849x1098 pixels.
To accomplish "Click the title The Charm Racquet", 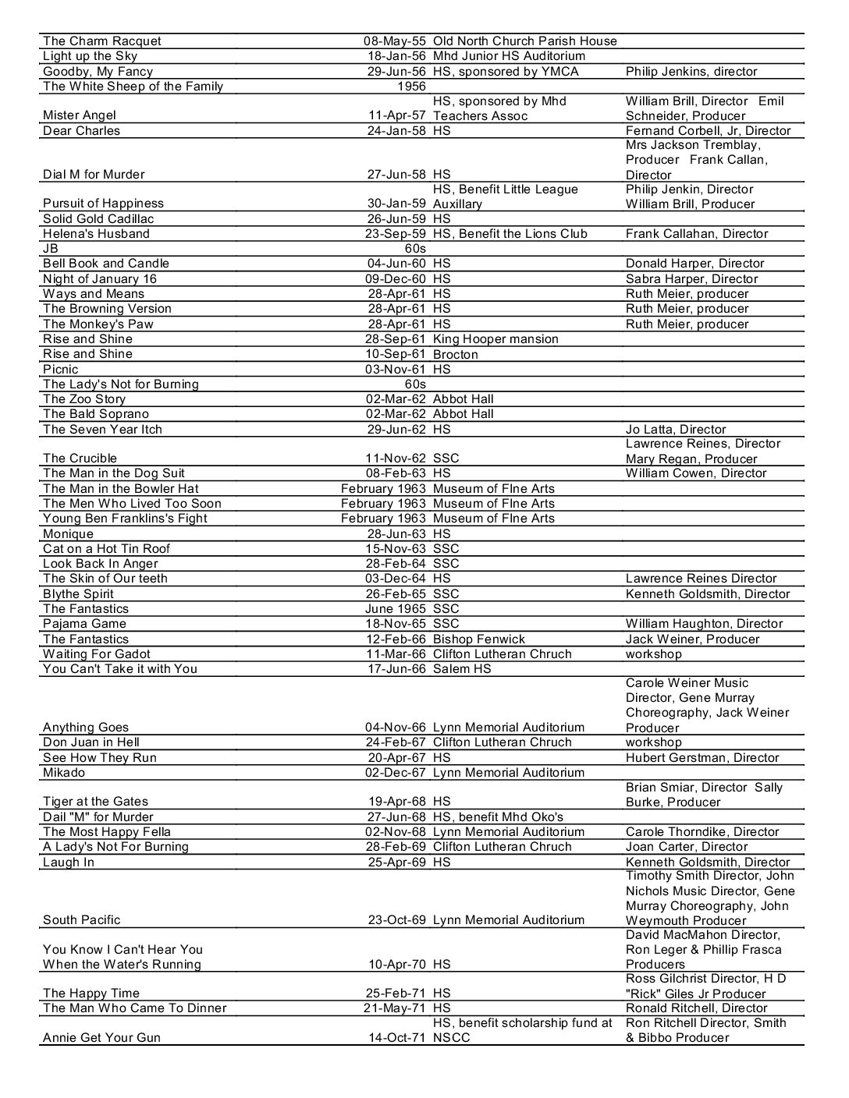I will tap(102, 41).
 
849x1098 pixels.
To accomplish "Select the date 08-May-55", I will tap(395, 41).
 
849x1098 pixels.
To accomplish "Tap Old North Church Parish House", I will tap(524, 41).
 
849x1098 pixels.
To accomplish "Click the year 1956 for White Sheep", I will tap(411, 87).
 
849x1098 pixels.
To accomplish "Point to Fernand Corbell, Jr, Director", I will tap(708, 131).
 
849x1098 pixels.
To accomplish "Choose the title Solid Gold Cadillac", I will tap(98, 219).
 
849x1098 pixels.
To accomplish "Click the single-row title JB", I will tap(52, 249).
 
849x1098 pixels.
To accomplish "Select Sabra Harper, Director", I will tap(691, 279).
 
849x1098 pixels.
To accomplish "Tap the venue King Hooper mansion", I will tap(496, 339).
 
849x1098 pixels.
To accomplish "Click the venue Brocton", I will tap(456, 354).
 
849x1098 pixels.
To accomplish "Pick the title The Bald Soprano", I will tap(96, 414).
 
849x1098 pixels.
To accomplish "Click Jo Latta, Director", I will tap(676, 430).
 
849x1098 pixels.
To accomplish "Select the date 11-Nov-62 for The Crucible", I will tap(396, 459).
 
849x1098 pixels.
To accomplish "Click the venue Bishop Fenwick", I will tap(479, 639).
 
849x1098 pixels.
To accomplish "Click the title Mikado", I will tap(64, 773).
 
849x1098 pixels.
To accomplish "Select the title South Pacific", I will tap(82, 920).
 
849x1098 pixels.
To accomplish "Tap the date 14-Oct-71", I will tap(397, 1038).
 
